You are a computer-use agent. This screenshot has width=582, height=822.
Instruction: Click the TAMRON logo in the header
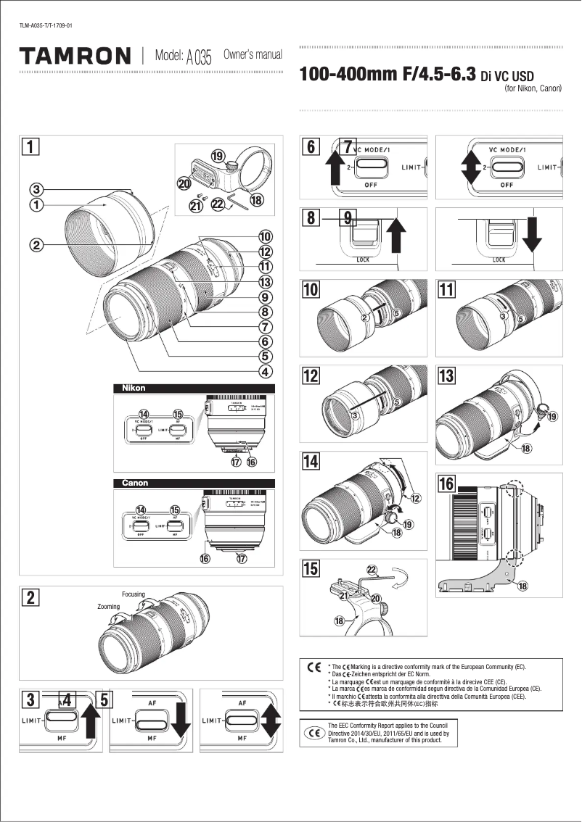(75, 56)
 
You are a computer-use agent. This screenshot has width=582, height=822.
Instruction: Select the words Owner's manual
(253, 54)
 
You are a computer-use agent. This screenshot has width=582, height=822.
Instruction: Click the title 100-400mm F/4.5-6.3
(388, 75)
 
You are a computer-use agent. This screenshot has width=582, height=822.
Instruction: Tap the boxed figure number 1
(30, 146)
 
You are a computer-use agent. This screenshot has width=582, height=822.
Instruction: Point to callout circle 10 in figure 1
(266, 236)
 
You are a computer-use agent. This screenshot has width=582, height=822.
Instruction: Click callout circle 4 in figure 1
(266, 373)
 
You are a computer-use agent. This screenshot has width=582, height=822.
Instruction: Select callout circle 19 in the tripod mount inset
(217, 156)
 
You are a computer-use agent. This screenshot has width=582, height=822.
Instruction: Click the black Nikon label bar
(194, 389)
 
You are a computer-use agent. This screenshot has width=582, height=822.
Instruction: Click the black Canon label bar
(194, 483)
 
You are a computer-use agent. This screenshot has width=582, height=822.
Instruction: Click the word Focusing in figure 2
(134, 594)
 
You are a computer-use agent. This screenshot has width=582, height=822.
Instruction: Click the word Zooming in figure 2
(108, 606)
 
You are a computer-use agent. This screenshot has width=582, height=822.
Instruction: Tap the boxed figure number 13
(447, 375)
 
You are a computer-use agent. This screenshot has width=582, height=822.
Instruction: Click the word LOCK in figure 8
(363, 260)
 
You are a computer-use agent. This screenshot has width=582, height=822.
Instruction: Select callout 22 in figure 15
(372, 570)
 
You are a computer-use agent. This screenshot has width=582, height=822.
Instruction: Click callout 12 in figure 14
(416, 498)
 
